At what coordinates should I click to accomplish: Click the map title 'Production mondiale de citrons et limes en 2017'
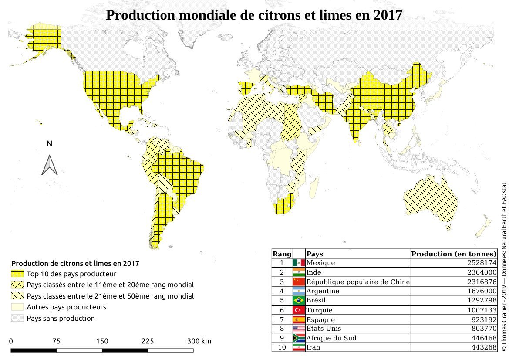[x=254, y=15]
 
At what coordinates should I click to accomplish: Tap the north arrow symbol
[x=49, y=165]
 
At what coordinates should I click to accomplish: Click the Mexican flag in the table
[x=298, y=263]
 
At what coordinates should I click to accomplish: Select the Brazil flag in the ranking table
[x=298, y=300]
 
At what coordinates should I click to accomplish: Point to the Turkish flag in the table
[x=298, y=310]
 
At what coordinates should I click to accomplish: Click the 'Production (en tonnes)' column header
[x=454, y=254]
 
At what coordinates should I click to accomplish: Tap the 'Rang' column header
[x=282, y=254]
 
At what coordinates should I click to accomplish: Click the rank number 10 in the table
[x=282, y=347]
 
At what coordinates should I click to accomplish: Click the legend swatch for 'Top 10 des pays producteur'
[x=17, y=274]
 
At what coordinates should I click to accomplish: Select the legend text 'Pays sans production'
[x=61, y=318]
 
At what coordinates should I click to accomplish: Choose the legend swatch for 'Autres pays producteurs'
[x=17, y=307]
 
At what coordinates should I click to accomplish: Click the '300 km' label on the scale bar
[x=199, y=341]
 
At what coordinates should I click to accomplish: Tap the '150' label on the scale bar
[x=102, y=341]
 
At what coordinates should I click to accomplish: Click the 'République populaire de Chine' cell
[x=357, y=282]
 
